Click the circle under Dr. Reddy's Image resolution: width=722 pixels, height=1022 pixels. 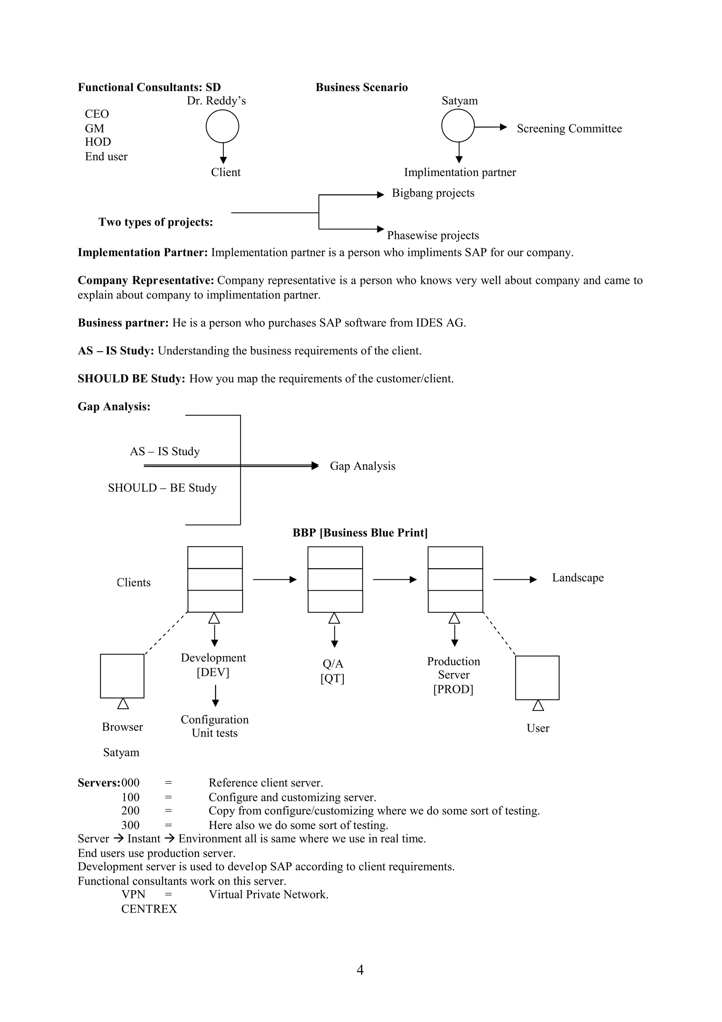pyautogui.click(x=222, y=126)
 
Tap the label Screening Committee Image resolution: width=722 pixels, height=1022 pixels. pyautogui.click(x=569, y=129)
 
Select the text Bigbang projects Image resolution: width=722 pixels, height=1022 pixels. pyautogui.click(x=433, y=193)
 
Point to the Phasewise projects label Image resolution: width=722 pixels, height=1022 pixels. pyautogui.click(x=433, y=236)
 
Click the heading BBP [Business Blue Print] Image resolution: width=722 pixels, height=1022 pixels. pyautogui.click(x=360, y=533)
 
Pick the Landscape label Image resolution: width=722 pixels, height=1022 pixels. pyautogui.click(x=577, y=578)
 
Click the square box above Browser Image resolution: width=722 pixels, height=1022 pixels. pyautogui.click(x=122, y=676)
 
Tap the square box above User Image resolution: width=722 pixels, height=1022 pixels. pyautogui.click(x=537, y=677)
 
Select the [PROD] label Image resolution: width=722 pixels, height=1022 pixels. pyautogui.click(x=453, y=689)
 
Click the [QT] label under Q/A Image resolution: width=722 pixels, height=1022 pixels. pyautogui.click(x=332, y=679)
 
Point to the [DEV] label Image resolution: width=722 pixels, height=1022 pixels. pyautogui.click(x=213, y=673)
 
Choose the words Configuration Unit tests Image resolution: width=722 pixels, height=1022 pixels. pyautogui.click(x=214, y=726)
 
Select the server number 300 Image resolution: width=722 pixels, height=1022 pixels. pyautogui.click(x=130, y=825)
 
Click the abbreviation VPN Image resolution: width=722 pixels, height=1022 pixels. pyautogui.click(x=134, y=895)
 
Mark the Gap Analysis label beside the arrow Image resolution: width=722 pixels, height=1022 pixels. pyautogui.click(x=362, y=466)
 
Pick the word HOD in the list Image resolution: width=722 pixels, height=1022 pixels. pyautogui.click(x=98, y=142)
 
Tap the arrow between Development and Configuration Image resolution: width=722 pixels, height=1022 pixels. pyautogui.click(x=215, y=696)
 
